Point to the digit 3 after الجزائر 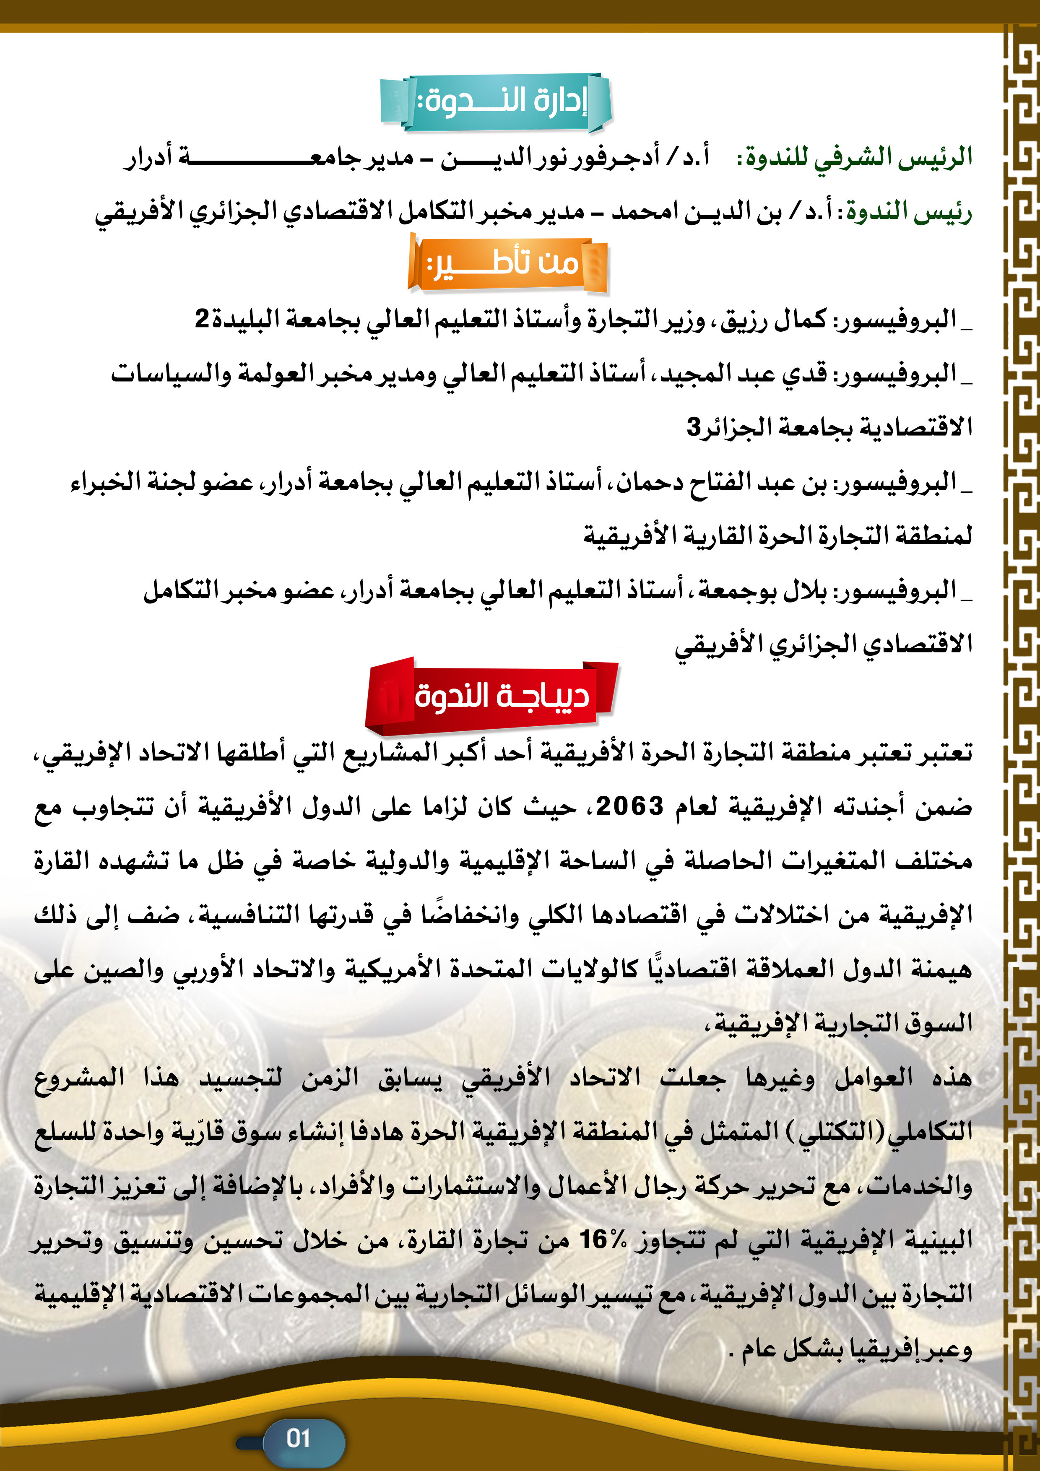(694, 427)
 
